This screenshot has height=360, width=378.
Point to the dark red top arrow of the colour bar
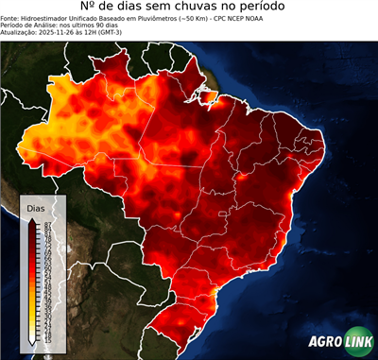32,221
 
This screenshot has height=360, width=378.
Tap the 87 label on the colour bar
46,224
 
